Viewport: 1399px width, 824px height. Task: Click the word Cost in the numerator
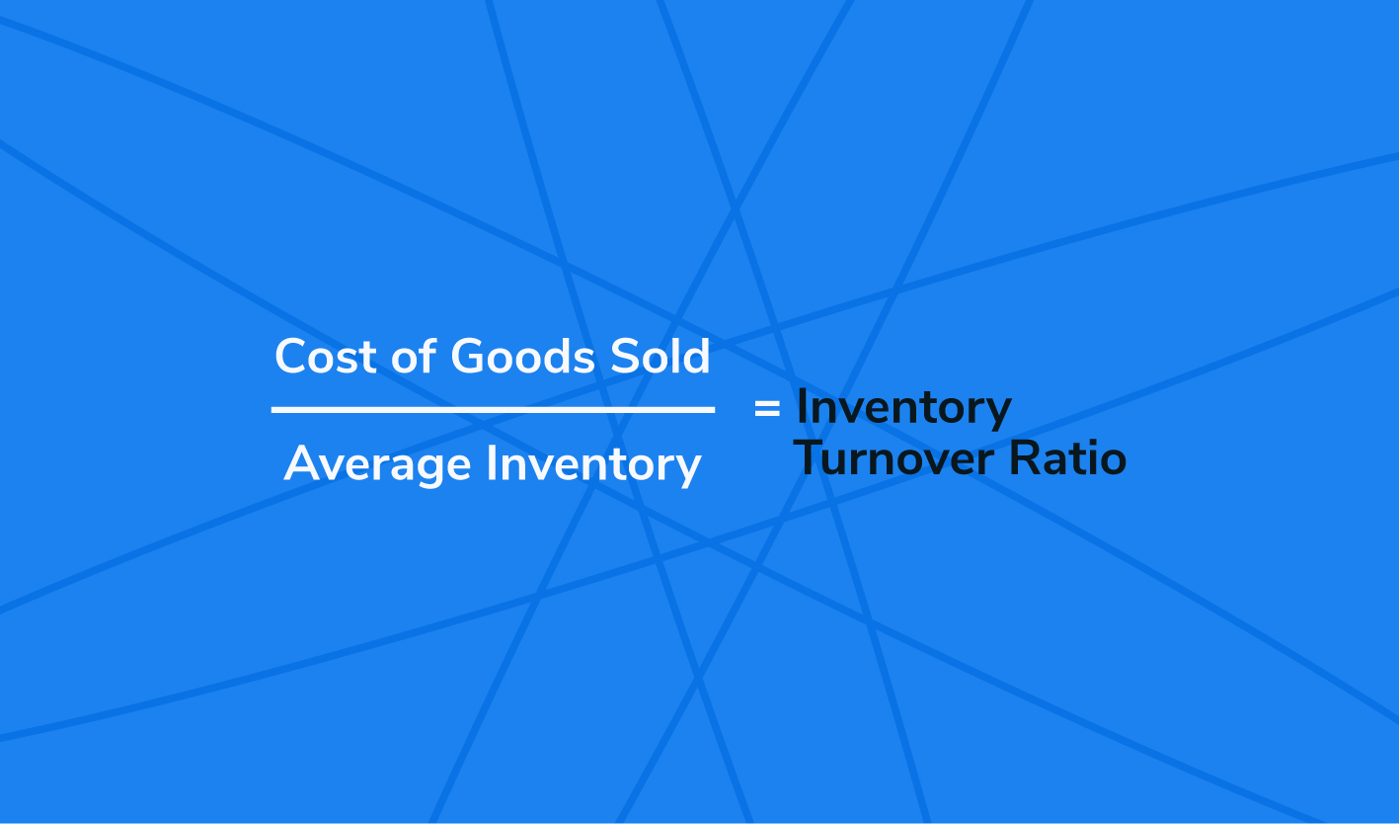point(326,357)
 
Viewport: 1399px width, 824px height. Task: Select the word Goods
point(522,356)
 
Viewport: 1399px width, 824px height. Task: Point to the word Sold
point(661,356)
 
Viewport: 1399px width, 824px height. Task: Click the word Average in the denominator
point(377,465)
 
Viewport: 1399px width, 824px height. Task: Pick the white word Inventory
point(594,465)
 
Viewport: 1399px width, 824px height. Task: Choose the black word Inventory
point(903,409)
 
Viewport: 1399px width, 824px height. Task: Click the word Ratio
point(1068,457)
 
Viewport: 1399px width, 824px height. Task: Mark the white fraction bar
point(493,410)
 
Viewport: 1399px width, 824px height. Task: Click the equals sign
point(767,409)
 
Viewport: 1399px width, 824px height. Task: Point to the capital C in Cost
point(291,357)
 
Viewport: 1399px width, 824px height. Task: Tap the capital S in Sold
point(624,357)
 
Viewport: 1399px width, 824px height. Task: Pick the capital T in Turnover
point(809,457)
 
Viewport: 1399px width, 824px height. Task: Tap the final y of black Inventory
point(998,414)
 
